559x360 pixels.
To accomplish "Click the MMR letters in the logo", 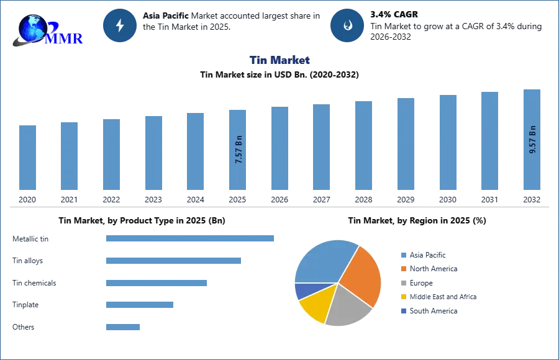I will [65, 38].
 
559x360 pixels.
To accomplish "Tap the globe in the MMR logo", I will [32, 28].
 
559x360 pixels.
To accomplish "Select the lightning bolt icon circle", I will [120, 25].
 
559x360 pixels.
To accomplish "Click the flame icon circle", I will [348, 25].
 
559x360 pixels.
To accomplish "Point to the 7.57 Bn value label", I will [239, 150].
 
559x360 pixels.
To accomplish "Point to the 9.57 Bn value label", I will [532, 140].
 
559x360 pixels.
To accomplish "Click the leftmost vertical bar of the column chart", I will [27, 158].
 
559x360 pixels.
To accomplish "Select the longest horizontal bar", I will [191, 238].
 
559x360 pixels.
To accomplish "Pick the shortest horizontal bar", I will [124, 327].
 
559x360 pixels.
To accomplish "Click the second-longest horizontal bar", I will [174, 261].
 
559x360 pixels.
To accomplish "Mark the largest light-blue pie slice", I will [323, 261].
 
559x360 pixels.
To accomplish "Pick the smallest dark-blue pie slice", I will [303, 290].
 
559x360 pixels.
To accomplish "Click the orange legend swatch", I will [403, 269].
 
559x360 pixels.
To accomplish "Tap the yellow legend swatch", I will [403, 297].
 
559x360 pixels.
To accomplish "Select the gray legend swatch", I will [403, 283].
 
